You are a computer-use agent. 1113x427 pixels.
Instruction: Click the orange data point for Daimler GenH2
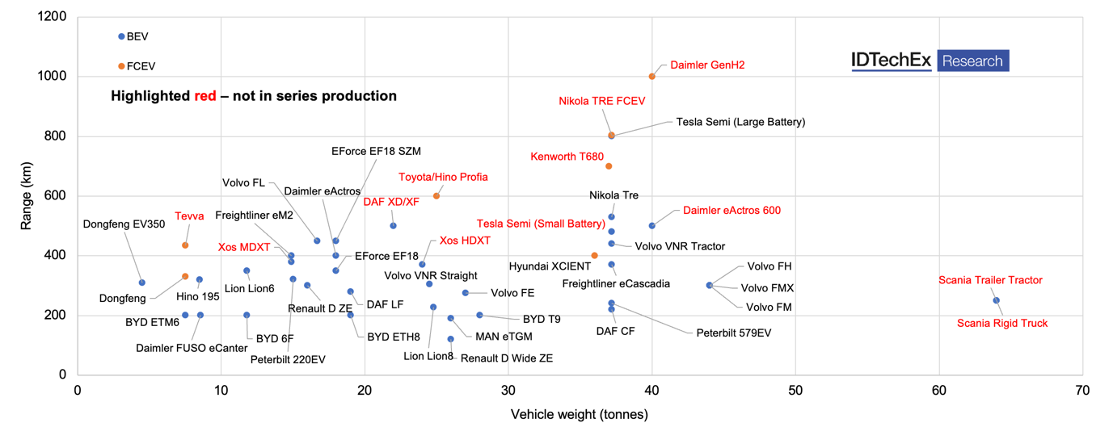click(x=652, y=77)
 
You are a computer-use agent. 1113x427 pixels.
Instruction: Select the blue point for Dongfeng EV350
click(x=142, y=283)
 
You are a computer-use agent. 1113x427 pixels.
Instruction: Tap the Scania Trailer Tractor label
click(x=990, y=281)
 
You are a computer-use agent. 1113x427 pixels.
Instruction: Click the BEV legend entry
click(x=137, y=37)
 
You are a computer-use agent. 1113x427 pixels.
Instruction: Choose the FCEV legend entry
click(x=140, y=66)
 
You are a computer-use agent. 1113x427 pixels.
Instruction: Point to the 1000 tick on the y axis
click(x=51, y=77)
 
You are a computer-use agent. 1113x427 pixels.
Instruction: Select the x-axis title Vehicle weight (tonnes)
click(x=579, y=415)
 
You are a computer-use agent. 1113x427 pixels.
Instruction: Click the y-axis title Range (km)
click(x=27, y=195)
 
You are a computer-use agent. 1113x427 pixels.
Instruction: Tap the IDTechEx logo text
click(x=892, y=61)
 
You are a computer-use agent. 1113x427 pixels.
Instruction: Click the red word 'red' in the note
click(x=205, y=96)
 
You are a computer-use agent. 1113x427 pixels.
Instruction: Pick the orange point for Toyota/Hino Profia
click(x=436, y=196)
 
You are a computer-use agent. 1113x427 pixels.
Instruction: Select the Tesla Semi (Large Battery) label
click(x=740, y=122)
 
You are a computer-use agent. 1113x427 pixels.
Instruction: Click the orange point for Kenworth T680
click(x=609, y=166)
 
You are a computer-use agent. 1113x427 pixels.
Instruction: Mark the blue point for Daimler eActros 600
click(x=652, y=226)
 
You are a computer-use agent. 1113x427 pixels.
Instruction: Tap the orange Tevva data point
click(x=185, y=245)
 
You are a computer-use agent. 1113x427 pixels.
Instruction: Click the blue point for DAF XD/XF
click(x=394, y=226)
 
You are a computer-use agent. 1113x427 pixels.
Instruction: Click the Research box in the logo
click(x=972, y=61)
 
